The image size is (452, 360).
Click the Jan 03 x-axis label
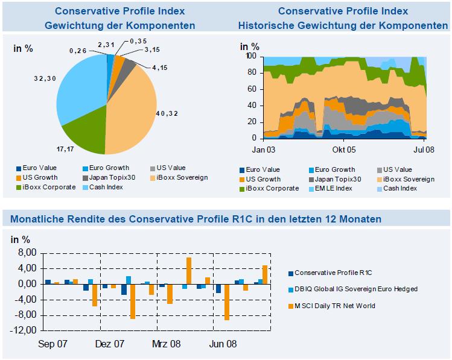pyautogui.click(x=263, y=148)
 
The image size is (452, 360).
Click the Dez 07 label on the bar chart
pyautogui.click(x=109, y=344)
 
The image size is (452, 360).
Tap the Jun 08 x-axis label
pyautogui.click(x=223, y=344)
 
